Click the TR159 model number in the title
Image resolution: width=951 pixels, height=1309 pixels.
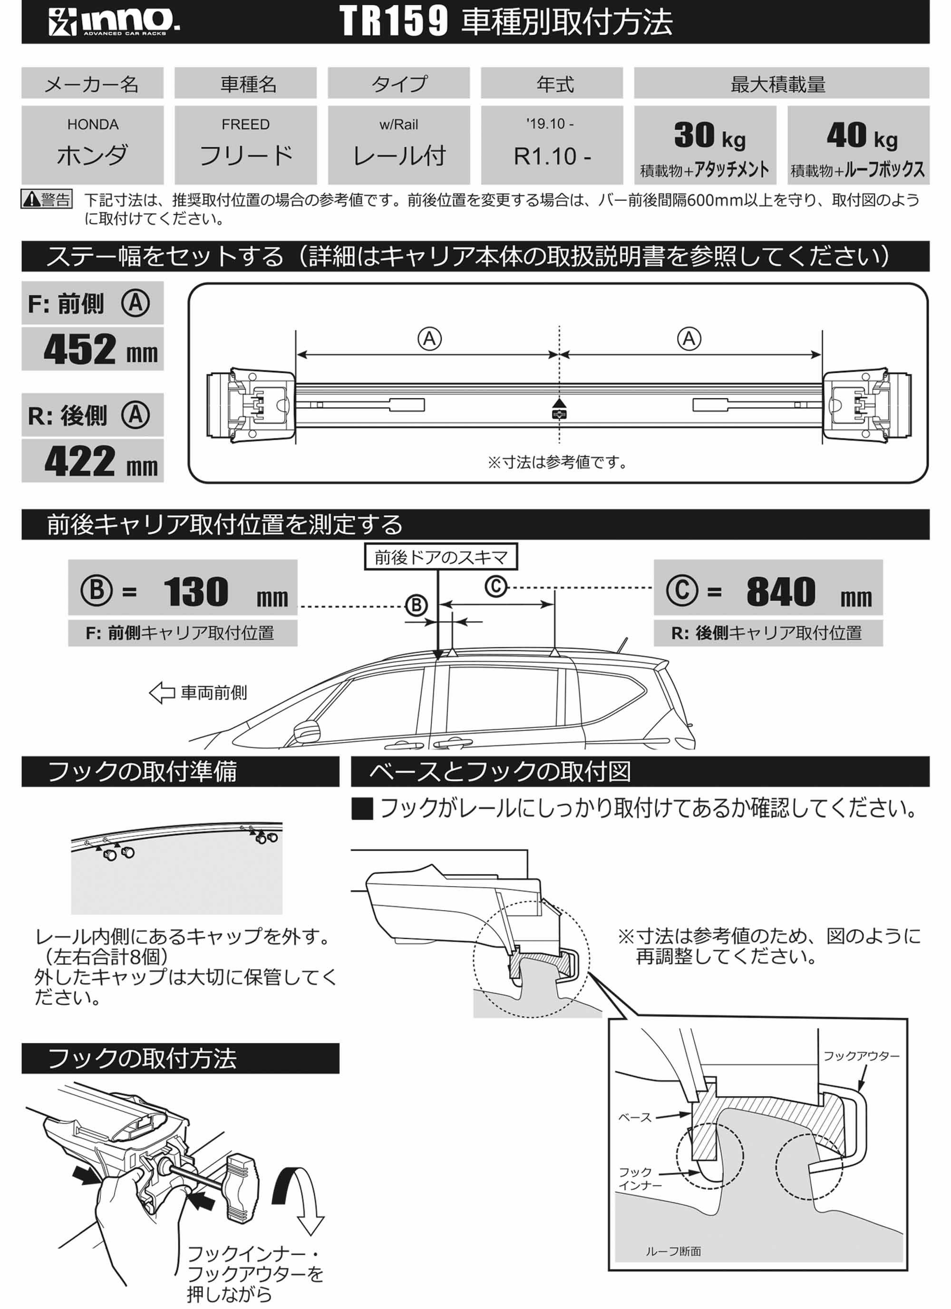pyautogui.click(x=393, y=21)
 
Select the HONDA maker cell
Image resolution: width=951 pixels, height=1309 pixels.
pyautogui.click(x=92, y=144)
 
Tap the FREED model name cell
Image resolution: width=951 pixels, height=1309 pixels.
pyautogui.click(x=246, y=144)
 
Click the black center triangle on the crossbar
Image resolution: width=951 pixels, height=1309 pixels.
pyautogui.click(x=559, y=403)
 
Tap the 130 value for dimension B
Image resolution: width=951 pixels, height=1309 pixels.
pyautogui.click(x=196, y=592)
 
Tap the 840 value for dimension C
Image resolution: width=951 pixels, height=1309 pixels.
pyautogui.click(x=781, y=592)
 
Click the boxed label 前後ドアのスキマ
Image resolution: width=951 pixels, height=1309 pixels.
pyautogui.click(x=441, y=557)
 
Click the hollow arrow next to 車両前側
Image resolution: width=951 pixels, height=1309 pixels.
pyautogui.click(x=162, y=693)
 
